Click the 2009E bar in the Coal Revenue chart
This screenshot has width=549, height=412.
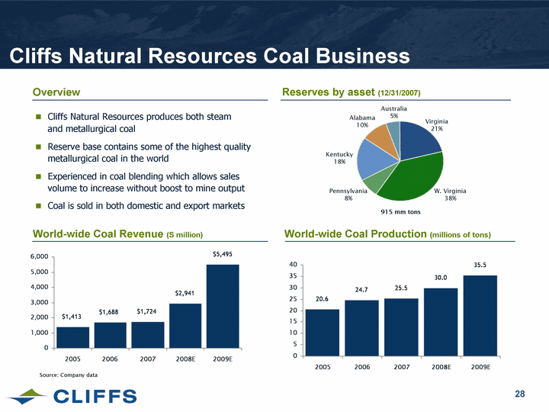point(223,305)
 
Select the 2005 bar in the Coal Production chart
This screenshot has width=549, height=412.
point(322,332)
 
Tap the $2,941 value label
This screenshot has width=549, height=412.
point(185,292)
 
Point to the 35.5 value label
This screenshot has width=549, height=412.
point(480,264)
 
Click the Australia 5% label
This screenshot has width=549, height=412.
point(394,112)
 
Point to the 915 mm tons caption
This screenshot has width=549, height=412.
point(400,211)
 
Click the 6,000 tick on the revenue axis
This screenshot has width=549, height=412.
point(39,257)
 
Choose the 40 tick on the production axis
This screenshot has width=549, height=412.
point(294,265)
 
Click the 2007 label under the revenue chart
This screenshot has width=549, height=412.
point(147,357)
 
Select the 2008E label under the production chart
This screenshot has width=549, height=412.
point(440,367)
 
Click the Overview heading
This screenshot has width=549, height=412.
point(56,92)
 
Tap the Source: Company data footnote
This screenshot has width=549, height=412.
point(68,375)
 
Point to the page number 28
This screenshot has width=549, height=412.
point(520,394)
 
